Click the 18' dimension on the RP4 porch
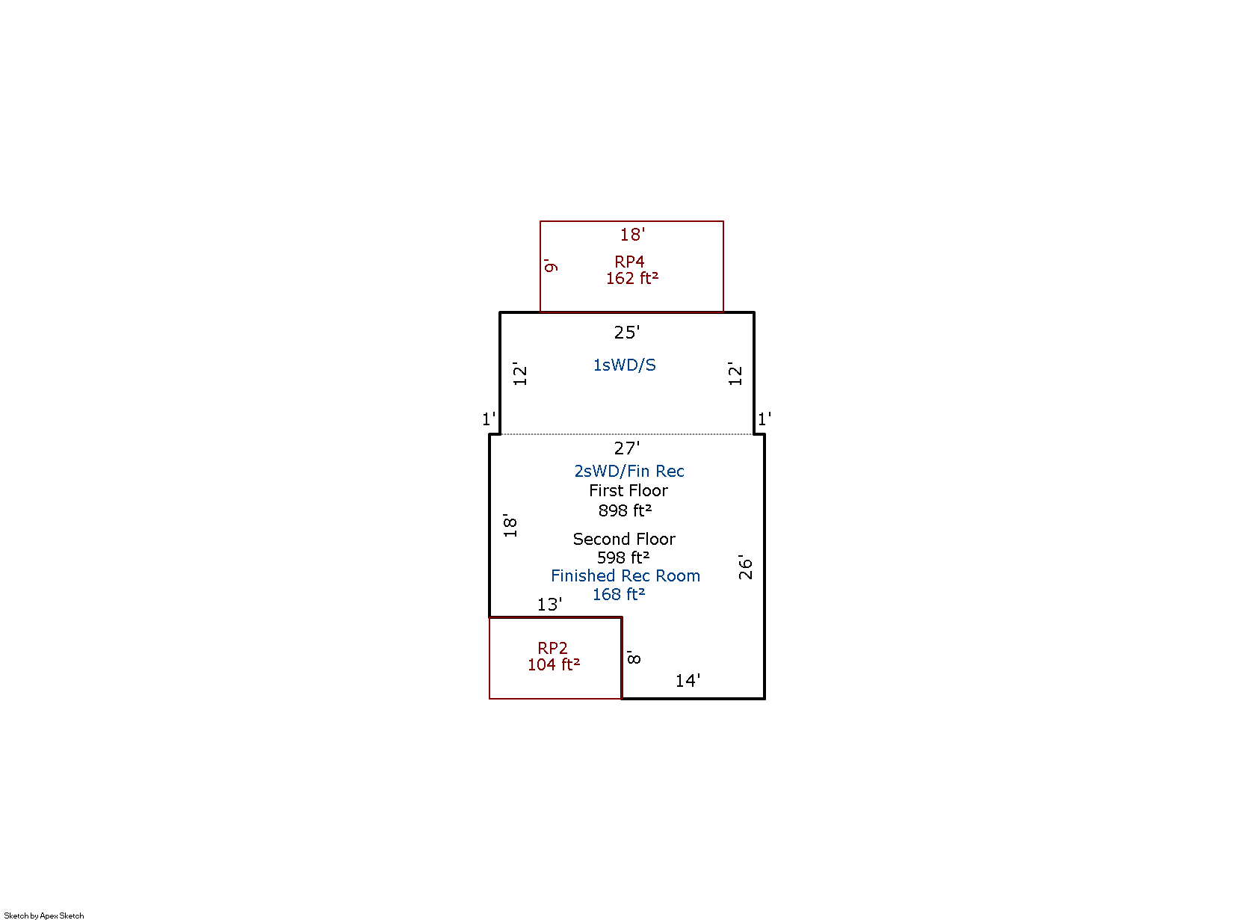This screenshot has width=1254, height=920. click(632, 235)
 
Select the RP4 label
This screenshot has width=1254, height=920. click(629, 262)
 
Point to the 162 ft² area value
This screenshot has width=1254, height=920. click(632, 278)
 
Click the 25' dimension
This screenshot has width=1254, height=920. click(627, 333)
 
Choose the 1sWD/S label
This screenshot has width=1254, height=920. click(625, 365)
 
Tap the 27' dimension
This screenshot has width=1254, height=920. click(627, 448)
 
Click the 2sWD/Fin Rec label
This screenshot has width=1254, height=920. click(629, 471)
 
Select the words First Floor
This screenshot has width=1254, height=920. click(628, 490)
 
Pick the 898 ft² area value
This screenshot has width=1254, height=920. click(625, 510)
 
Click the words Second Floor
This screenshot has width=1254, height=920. click(624, 539)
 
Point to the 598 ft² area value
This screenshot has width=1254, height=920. click(623, 558)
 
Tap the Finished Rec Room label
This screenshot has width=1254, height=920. click(626, 575)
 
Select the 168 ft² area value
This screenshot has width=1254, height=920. click(619, 594)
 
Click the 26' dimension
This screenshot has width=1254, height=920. click(746, 566)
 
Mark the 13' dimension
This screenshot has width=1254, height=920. click(550, 605)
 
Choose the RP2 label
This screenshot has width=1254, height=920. click(553, 648)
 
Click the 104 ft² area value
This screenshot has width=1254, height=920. click(554, 664)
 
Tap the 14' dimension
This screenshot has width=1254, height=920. click(688, 681)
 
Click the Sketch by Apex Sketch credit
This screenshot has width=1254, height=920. click(44, 916)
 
